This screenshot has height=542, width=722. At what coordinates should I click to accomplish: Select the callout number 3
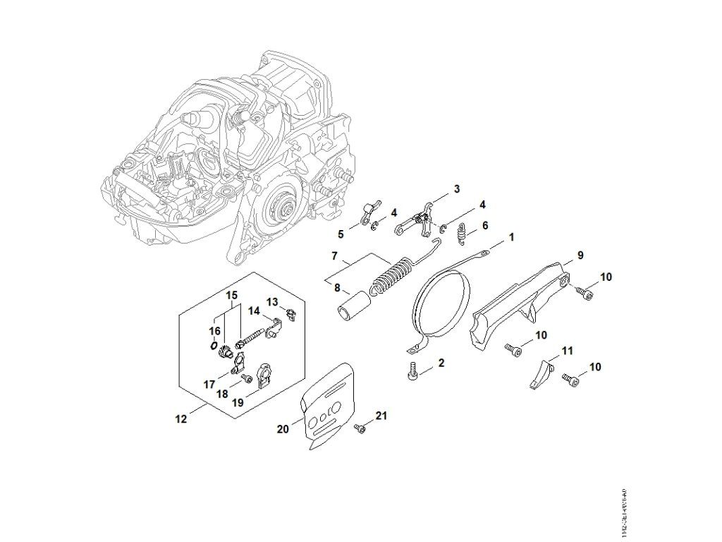(457, 188)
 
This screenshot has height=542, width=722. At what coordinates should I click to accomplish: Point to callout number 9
(580, 255)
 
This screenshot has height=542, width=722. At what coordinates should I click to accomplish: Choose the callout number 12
(181, 418)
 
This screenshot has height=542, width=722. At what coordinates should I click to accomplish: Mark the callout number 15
(232, 294)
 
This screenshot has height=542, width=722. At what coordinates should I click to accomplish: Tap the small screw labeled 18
(246, 379)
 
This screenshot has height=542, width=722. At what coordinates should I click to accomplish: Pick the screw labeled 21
(361, 427)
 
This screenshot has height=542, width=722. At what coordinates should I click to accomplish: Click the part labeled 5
(369, 210)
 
